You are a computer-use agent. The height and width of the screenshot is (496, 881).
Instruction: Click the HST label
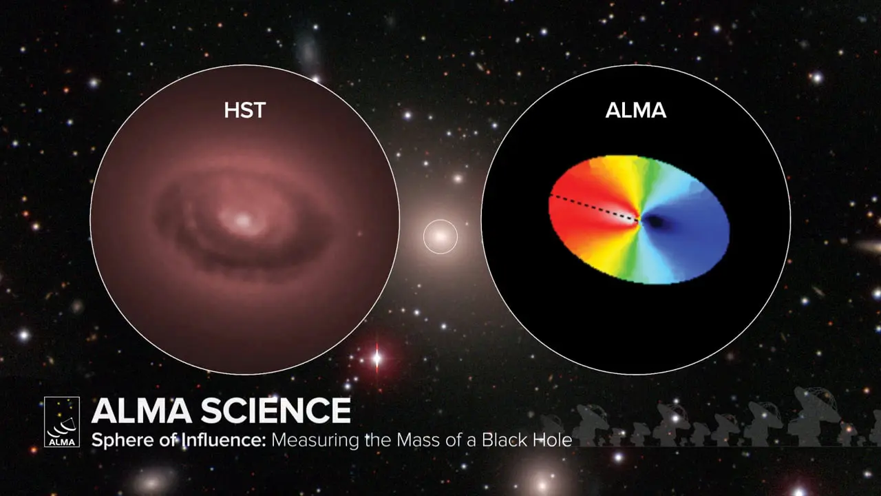pos(244,110)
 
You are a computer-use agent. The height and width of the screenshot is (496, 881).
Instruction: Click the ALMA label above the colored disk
pos(635,110)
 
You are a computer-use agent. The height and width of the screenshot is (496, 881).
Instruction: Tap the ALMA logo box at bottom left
pos(62,422)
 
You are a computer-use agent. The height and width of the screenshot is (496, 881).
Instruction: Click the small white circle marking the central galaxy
pos(440,236)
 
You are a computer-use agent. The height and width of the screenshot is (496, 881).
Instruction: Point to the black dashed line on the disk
pos(592,207)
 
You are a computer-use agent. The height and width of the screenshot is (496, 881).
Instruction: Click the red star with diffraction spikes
pos(376,358)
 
